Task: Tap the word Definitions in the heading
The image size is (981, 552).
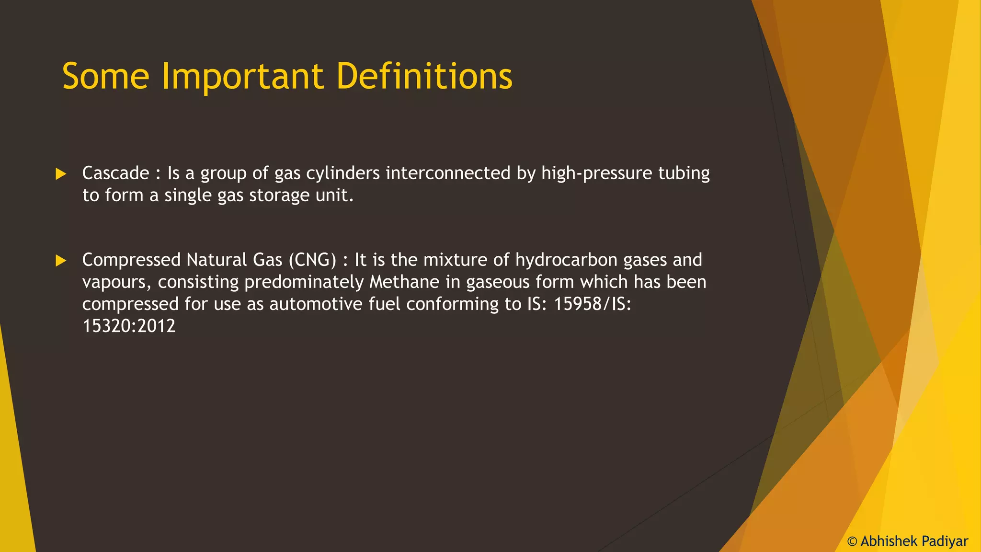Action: tap(424, 77)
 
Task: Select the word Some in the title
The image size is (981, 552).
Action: tap(106, 77)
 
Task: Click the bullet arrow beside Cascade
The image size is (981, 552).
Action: tap(61, 174)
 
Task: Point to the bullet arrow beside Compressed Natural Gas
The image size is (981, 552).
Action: tap(61, 261)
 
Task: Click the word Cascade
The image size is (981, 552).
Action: tap(115, 173)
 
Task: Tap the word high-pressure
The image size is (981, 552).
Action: tap(596, 173)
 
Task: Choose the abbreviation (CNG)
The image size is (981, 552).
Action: tap(312, 260)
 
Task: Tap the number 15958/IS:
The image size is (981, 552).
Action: tap(592, 304)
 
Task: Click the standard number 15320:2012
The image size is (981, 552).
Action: tap(129, 326)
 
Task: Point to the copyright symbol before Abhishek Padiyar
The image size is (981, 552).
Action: tap(852, 541)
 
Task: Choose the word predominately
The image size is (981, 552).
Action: tap(304, 282)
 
